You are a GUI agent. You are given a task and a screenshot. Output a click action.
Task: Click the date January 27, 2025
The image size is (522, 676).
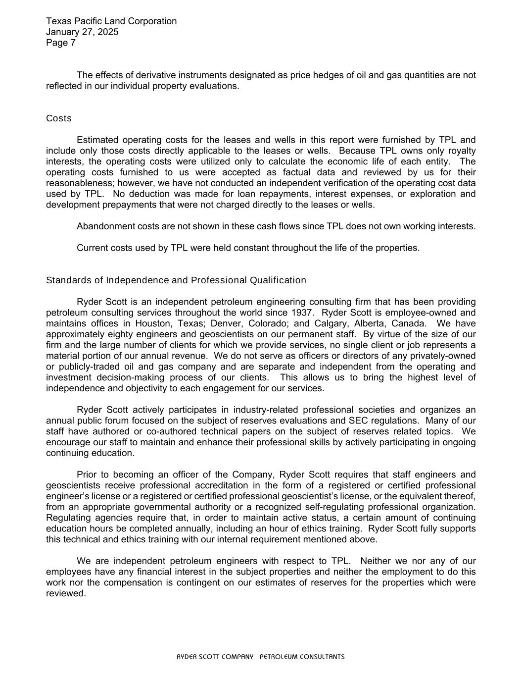point(82,32)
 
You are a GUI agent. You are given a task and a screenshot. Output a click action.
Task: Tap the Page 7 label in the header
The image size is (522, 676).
point(61,43)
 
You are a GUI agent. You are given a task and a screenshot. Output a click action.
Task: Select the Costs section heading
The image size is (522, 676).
point(59,118)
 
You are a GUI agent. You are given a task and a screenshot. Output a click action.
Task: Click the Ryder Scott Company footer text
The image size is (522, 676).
point(261,657)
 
